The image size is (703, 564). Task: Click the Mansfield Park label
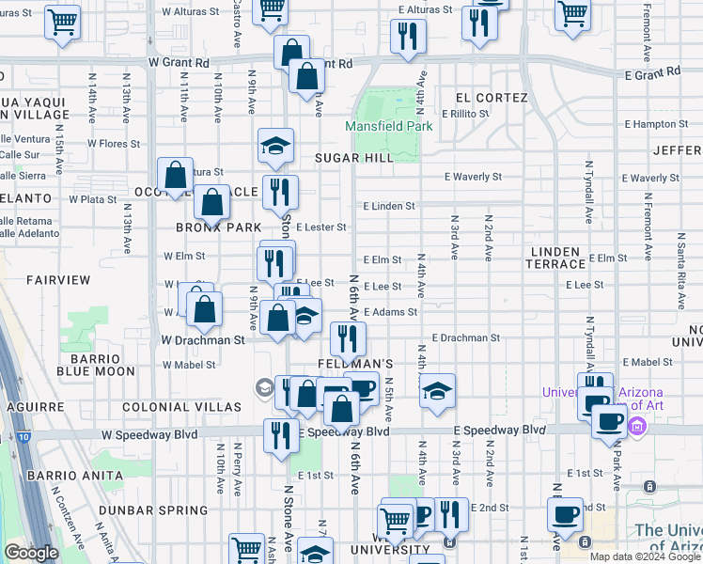[388, 126]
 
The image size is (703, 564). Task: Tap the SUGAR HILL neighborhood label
[354, 158]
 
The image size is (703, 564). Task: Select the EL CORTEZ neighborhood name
[490, 98]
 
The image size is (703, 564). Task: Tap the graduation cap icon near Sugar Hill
[275, 145]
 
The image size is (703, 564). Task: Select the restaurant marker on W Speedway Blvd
[280, 435]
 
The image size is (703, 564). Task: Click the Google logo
[31, 552]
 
